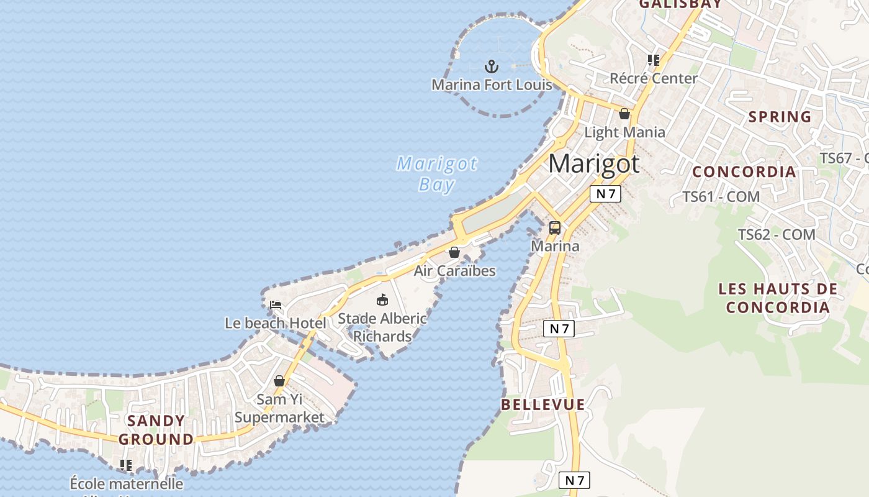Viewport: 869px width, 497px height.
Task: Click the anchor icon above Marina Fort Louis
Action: tap(492, 66)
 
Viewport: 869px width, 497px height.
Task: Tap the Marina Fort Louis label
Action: tap(492, 84)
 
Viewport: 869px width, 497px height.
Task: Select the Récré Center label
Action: tap(654, 78)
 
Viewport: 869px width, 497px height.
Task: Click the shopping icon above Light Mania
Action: tap(624, 114)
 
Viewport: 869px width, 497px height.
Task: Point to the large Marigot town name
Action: tap(594, 163)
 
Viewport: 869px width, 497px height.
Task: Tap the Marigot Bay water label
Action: tap(437, 174)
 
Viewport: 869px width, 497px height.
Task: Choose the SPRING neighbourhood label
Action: tap(780, 117)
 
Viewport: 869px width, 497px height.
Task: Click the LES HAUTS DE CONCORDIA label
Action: tap(778, 298)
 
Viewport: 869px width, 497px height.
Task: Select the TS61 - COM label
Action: tap(721, 197)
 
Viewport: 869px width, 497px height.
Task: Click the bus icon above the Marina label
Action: tap(555, 228)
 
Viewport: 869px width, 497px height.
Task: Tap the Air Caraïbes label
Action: tap(455, 271)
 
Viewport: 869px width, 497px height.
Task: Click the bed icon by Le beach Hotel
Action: tap(276, 305)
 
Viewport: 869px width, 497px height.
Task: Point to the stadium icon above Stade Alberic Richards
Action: tap(382, 300)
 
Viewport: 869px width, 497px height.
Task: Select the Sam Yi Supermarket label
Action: tap(279, 408)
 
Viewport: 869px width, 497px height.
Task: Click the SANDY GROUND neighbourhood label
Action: tap(156, 430)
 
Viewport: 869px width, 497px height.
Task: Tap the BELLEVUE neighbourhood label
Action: tap(543, 404)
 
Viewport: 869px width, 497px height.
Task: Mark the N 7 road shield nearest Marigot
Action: tap(605, 194)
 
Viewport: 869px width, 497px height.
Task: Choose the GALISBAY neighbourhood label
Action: tap(680, 4)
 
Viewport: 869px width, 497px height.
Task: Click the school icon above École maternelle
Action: tap(126, 465)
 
